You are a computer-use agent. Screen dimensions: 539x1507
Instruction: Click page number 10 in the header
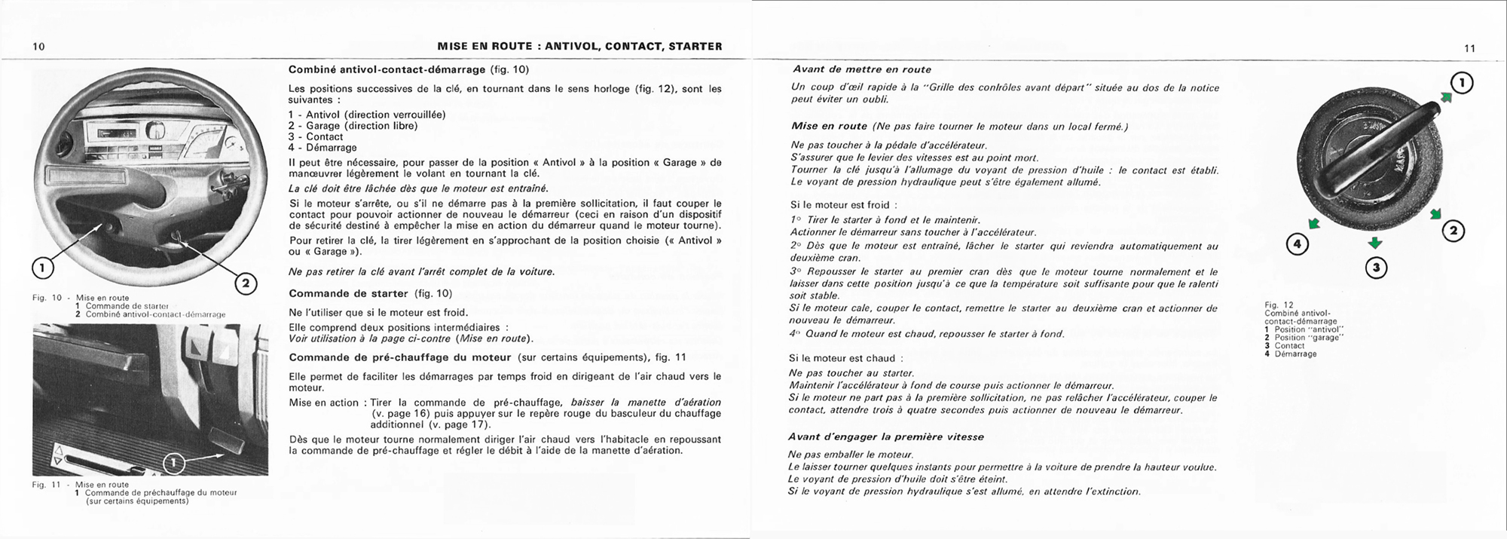click(39, 47)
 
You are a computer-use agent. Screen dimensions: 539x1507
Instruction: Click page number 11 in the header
click(1469, 48)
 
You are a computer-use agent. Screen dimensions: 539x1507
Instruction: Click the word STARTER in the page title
click(692, 47)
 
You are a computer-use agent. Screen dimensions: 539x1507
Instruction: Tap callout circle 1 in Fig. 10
click(42, 268)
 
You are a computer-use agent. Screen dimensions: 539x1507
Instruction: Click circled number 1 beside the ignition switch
click(1462, 84)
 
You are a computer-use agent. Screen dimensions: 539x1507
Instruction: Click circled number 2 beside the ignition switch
click(1454, 231)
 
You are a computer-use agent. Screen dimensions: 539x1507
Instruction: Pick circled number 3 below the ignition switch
click(1376, 268)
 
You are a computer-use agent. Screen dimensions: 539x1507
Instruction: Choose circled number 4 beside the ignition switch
click(1297, 244)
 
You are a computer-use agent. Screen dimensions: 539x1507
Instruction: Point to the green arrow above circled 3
click(1375, 243)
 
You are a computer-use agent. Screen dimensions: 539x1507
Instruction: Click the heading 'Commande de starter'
click(348, 293)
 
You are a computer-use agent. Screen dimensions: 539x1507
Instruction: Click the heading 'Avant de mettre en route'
click(861, 69)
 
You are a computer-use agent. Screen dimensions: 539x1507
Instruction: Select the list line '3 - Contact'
click(316, 136)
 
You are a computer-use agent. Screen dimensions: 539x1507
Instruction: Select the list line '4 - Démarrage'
click(322, 148)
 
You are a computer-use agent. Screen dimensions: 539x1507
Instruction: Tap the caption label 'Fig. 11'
click(46, 485)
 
